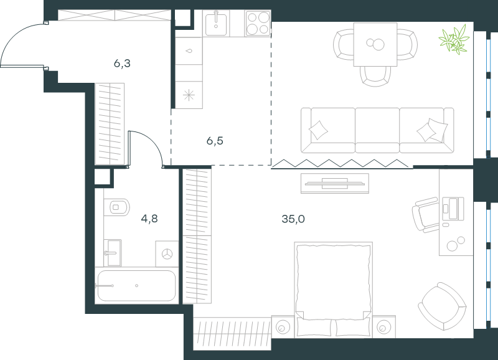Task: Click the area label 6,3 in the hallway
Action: pyautogui.click(x=122, y=64)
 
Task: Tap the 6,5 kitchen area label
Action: pyautogui.click(x=215, y=140)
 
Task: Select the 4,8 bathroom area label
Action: pyautogui.click(x=149, y=219)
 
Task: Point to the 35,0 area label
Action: pyautogui.click(x=293, y=219)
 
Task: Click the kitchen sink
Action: pyautogui.click(x=216, y=23)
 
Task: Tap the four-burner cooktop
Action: pyautogui.click(x=258, y=23)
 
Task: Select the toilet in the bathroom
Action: pyautogui.click(x=116, y=207)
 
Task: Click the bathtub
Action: pyautogui.click(x=136, y=286)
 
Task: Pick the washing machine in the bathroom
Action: pyautogui.click(x=167, y=254)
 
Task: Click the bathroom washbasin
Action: pyautogui.click(x=113, y=253)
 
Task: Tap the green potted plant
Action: pyautogui.click(x=454, y=39)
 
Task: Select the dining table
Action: pyautogui.click(x=375, y=44)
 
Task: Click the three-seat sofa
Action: pyautogui.click(x=377, y=130)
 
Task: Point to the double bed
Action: pyautogui.click(x=334, y=289)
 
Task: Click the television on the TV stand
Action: pyautogui.click(x=335, y=183)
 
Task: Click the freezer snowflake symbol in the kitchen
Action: pyautogui.click(x=189, y=95)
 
